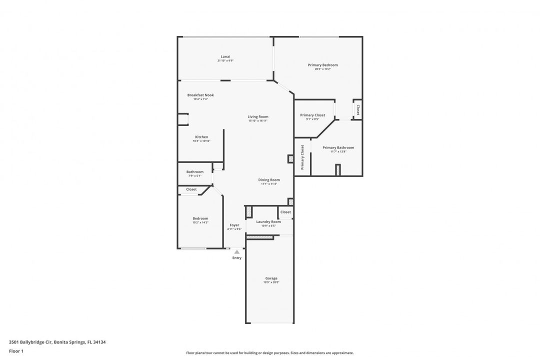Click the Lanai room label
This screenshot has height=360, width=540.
pyautogui.click(x=225, y=56)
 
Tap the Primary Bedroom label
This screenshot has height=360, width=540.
pyautogui.click(x=322, y=65)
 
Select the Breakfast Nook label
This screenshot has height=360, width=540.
pyautogui.click(x=200, y=95)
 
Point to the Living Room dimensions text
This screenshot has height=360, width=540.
pyautogui.click(x=258, y=121)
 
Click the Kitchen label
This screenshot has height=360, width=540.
pyautogui.click(x=201, y=137)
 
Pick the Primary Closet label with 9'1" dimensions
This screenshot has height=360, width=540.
pyautogui.click(x=312, y=115)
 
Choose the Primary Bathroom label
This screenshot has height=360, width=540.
pyautogui.click(x=338, y=147)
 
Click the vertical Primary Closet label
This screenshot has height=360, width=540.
pyautogui.click(x=302, y=157)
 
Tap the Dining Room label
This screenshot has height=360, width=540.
pyautogui.click(x=269, y=180)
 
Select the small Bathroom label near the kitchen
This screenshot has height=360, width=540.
pyautogui.click(x=195, y=172)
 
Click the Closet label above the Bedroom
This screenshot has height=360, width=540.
pyautogui.click(x=191, y=189)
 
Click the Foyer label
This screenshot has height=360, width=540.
pyautogui.click(x=234, y=225)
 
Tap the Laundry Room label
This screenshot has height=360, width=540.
pyautogui.click(x=268, y=221)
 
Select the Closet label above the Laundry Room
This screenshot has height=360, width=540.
pyautogui.click(x=285, y=212)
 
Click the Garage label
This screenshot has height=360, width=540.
pyautogui.click(x=271, y=278)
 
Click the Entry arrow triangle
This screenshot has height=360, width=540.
pyautogui.click(x=237, y=252)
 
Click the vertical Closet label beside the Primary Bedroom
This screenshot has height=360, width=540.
pyautogui.click(x=357, y=109)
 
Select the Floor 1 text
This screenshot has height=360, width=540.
pyautogui.click(x=16, y=351)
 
